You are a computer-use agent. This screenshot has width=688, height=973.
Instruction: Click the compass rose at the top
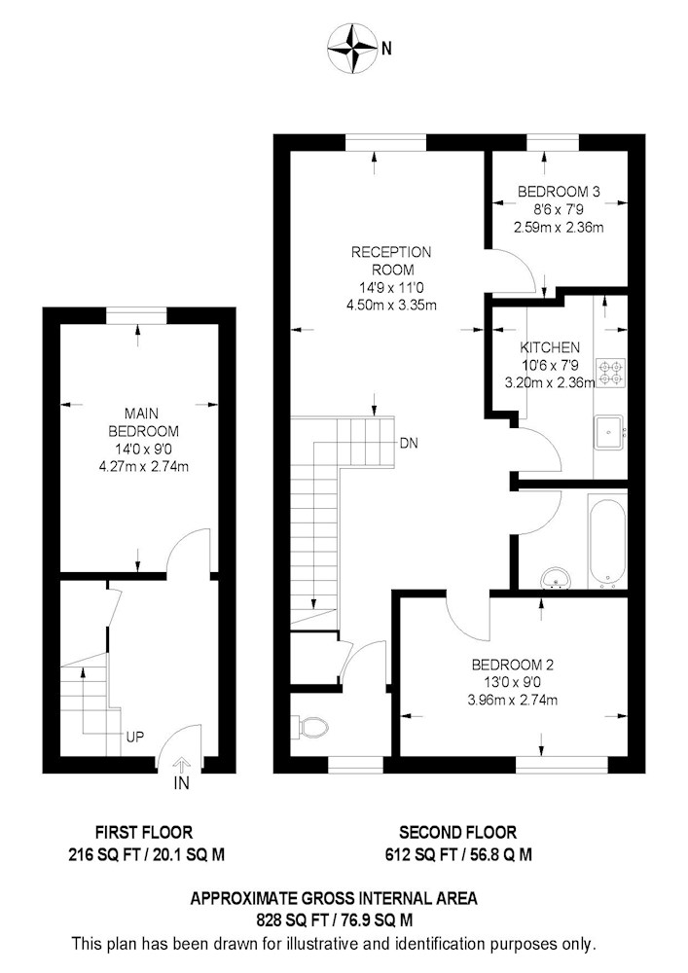[x=351, y=48]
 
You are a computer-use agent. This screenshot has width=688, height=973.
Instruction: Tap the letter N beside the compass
[x=386, y=49]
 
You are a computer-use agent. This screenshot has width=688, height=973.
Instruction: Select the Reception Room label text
[x=391, y=261]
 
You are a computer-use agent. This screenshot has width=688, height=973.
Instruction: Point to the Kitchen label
[x=550, y=347]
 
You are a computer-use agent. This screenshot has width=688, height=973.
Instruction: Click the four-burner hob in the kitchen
[x=610, y=373]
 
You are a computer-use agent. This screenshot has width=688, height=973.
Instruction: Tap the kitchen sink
[x=609, y=432]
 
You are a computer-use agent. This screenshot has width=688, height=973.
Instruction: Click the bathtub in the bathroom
[x=606, y=544]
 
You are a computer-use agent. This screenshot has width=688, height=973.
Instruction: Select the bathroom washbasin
[x=556, y=578]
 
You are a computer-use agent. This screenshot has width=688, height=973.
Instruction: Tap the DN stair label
[x=409, y=443]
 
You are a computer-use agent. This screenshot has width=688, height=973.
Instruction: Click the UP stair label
[x=134, y=738]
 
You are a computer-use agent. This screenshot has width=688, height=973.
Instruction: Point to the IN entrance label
[x=181, y=783]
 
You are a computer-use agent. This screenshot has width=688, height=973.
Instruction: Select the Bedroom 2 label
[x=513, y=666]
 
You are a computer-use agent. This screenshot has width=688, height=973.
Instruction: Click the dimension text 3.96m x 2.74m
[x=513, y=701]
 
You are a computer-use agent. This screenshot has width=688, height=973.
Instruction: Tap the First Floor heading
[x=144, y=832]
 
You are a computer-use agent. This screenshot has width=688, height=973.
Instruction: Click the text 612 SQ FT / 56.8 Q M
[x=458, y=855]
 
